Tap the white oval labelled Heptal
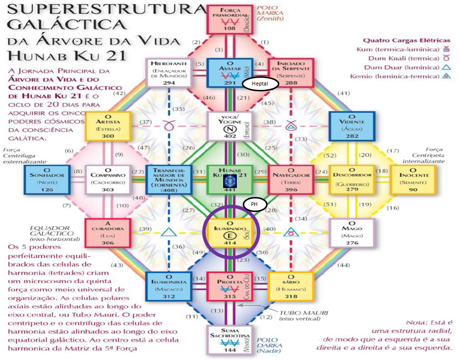pos(260,84)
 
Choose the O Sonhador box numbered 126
pos(44,179)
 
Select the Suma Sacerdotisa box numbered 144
pos(229,340)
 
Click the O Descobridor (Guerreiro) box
pos(352,179)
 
